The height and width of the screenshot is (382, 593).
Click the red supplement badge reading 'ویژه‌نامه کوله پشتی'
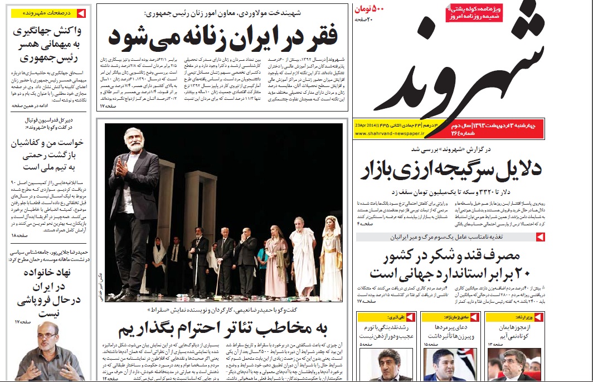click(x=474, y=13)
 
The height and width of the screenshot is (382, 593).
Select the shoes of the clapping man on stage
click(x=125, y=295)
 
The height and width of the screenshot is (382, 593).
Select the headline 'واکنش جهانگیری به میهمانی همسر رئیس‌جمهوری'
click(x=47, y=44)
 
